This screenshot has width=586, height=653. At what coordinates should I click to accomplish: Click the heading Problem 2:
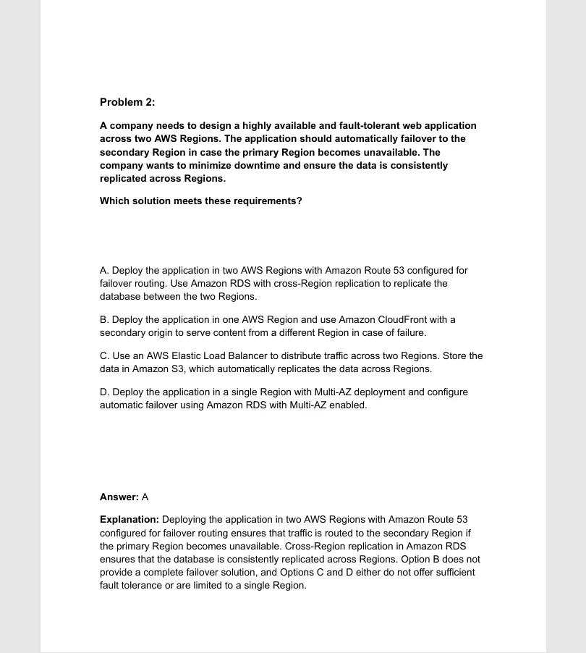[x=127, y=102]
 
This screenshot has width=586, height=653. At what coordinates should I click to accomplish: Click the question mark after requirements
[x=300, y=201]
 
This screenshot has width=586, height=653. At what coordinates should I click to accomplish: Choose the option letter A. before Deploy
[x=104, y=270]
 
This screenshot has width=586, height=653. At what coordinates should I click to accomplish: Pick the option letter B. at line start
[x=104, y=319]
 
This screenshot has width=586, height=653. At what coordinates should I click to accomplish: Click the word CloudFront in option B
[x=413, y=319]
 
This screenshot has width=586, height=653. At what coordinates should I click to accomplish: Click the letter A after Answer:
[x=145, y=497]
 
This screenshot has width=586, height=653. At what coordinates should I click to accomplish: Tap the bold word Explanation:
[x=129, y=519]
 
